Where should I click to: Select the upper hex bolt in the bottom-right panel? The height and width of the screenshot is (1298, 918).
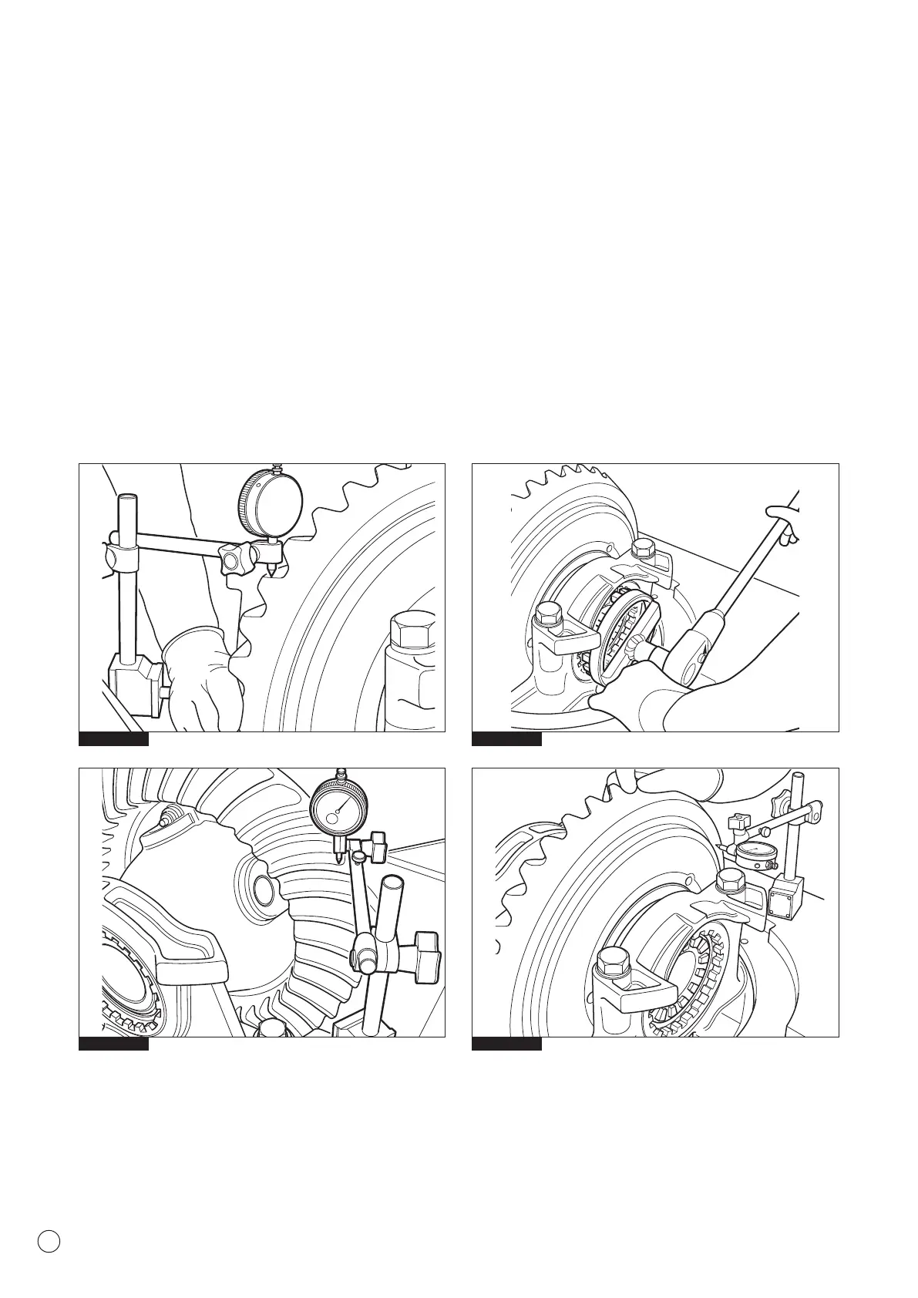tap(728, 881)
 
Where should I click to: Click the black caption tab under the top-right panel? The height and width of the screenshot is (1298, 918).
tap(506, 740)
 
